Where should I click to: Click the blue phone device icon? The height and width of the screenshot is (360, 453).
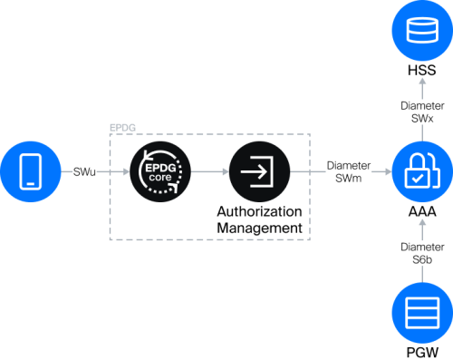point(31,171)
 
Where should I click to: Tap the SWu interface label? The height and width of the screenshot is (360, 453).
point(84,172)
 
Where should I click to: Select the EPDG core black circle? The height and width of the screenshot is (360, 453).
point(160,171)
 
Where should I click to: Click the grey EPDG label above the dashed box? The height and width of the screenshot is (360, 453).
point(122,128)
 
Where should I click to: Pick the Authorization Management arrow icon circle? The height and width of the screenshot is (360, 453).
point(259,171)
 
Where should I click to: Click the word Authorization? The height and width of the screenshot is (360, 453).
point(259,211)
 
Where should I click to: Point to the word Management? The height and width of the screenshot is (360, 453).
point(259,228)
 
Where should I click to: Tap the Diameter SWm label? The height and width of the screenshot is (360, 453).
point(349,172)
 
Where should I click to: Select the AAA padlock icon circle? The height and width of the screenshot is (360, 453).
point(422,171)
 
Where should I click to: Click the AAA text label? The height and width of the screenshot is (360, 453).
point(422,211)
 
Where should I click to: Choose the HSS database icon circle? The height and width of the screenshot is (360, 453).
point(422,30)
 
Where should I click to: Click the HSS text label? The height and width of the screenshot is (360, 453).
point(422,70)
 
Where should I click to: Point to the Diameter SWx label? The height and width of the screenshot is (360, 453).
point(422,112)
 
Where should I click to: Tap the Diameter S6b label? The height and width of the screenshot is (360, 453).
point(422,253)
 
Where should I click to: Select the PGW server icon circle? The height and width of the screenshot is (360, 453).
point(422,313)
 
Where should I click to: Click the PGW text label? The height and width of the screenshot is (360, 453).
point(422,353)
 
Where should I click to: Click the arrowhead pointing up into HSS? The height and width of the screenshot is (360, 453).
point(422,82)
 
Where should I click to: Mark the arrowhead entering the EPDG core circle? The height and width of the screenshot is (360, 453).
point(126,171)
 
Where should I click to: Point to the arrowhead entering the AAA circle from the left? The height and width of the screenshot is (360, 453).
point(389,171)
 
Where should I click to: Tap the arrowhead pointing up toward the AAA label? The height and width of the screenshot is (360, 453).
point(422,222)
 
